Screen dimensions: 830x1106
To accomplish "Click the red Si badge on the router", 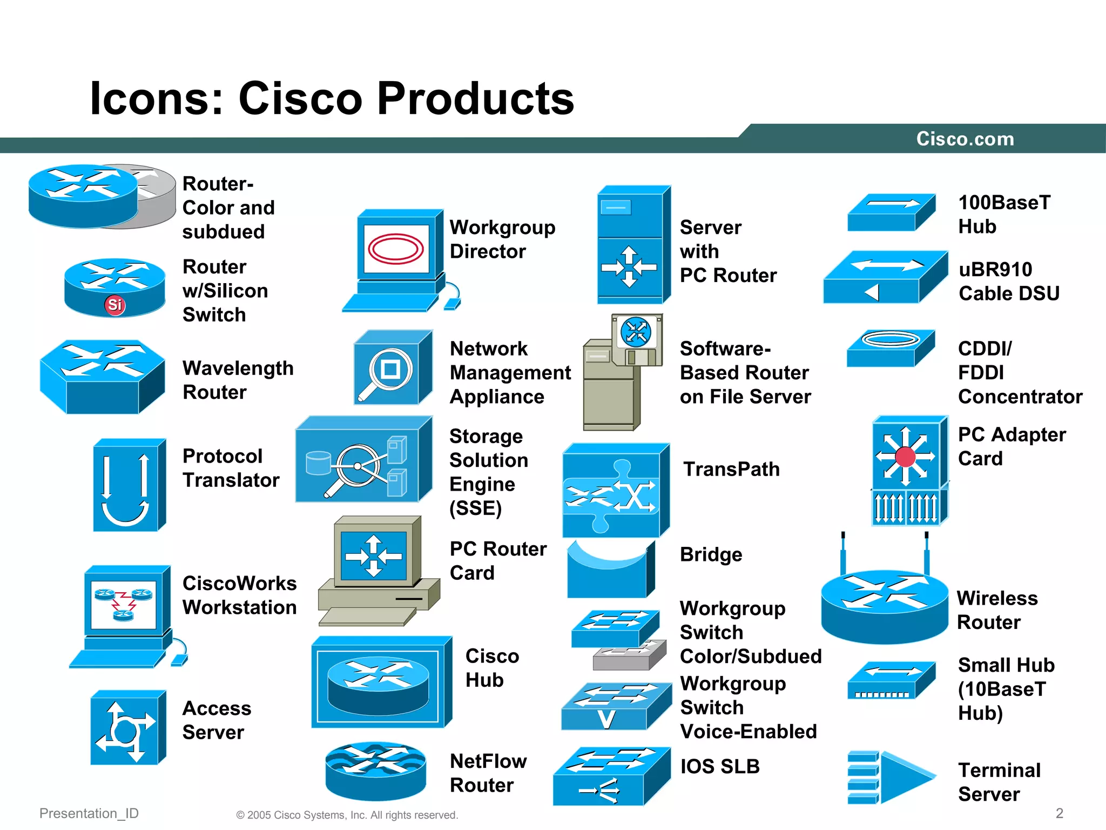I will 114,305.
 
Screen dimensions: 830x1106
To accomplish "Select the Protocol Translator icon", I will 129,485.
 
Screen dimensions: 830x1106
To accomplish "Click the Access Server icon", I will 127,727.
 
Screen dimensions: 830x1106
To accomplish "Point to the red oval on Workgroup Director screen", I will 396,249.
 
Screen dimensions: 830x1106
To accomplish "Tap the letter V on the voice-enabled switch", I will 606,719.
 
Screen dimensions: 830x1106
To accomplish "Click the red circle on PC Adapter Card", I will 906,457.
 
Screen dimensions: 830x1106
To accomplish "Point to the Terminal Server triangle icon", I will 905,777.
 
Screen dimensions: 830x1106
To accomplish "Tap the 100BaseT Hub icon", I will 891,212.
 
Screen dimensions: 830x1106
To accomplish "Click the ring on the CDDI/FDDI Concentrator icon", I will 891,339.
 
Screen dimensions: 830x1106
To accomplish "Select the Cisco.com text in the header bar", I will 965,139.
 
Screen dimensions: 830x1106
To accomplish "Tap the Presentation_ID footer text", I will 89,813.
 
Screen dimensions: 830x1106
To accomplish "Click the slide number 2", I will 1060,813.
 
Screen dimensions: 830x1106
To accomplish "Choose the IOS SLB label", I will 720,766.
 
